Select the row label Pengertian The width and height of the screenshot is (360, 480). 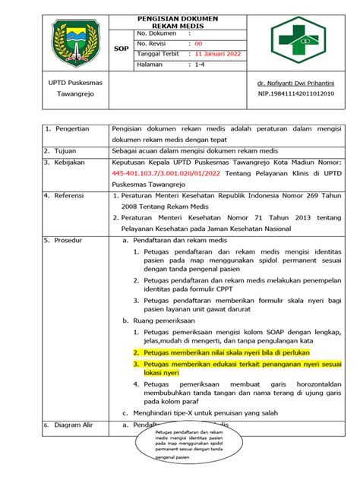pos(69,129)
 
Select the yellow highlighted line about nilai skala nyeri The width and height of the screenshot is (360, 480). pos(221,353)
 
